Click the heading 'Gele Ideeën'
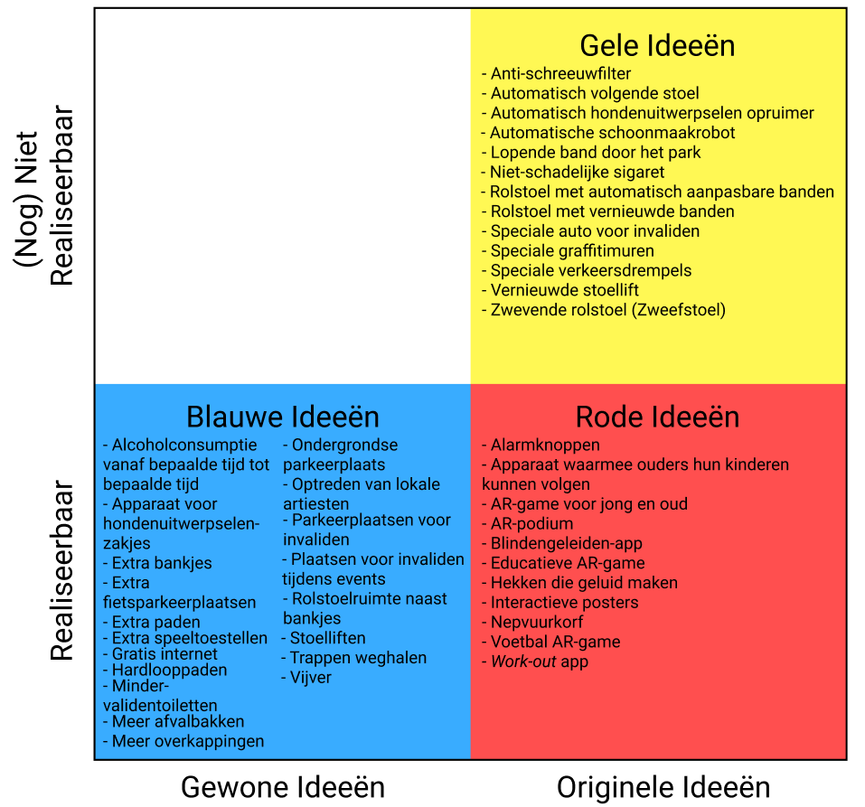point(657,45)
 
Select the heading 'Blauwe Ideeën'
point(283,417)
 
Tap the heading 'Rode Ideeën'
point(657,417)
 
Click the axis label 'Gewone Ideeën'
point(283,786)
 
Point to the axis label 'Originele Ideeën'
point(663,786)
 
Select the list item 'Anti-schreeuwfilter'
point(560,73)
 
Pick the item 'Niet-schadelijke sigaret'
point(577,172)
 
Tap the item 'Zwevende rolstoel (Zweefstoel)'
point(607,310)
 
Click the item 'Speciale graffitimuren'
point(572,250)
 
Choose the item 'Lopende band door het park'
point(595,152)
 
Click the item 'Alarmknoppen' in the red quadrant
point(544,445)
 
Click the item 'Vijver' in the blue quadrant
point(310,677)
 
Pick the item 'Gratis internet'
point(165,653)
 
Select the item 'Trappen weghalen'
point(358,657)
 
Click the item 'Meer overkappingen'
point(187,741)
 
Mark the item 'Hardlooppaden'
point(169,670)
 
